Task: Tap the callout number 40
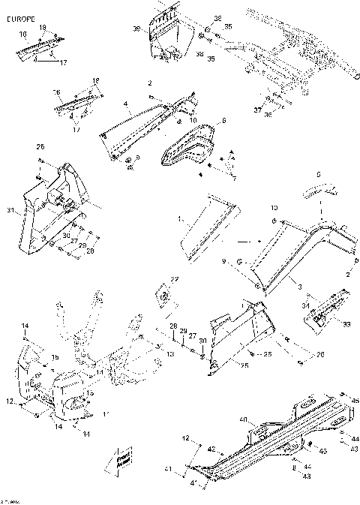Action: tap(242, 419)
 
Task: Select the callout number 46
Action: tap(354, 400)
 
